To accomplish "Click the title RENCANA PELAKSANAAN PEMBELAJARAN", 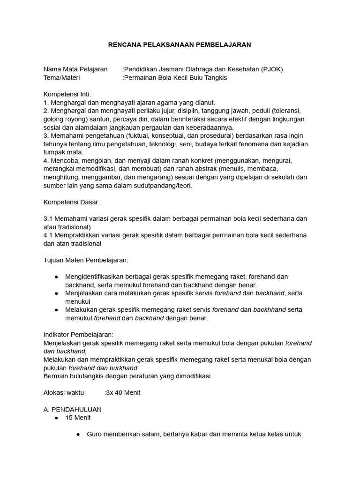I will (x=180, y=45).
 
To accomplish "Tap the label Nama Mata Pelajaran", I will (x=75, y=69).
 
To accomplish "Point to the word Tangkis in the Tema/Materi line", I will (x=216, y=78).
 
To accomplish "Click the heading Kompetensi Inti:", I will (x=67, y=94).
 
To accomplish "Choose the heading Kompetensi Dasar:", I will (x=71, y=202).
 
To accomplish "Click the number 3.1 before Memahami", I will (x=48, y=219).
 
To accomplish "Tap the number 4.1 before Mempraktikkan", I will (x=48, y=235).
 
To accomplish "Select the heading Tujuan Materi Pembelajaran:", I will (x=86, y=260).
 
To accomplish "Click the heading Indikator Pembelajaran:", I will (x=78, y=335).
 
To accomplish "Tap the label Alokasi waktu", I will (x=63, y=393).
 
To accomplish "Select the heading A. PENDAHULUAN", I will (x=72, y=409).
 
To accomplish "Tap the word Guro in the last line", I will (x=95, y=434).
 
